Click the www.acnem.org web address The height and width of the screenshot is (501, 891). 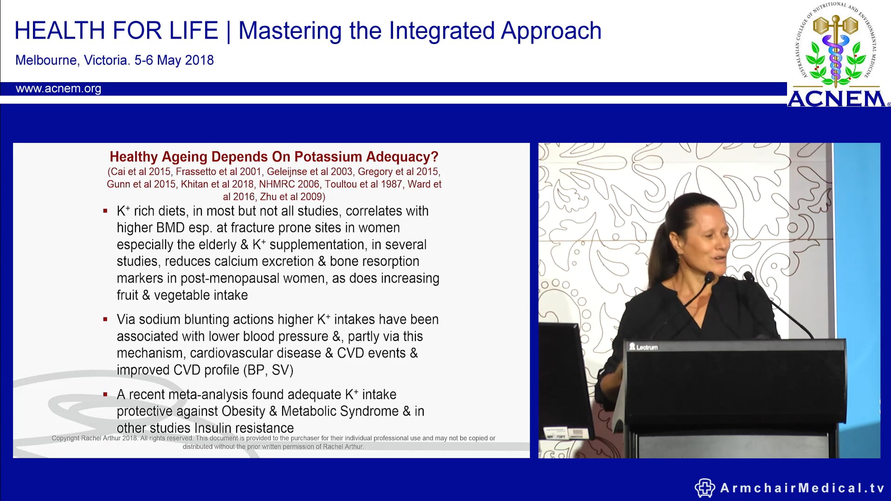click(58, 89)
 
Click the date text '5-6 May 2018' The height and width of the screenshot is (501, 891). click(174, 60)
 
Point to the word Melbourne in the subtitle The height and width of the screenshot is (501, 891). click(46, 60)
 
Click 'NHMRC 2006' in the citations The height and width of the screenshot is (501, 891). click(289, 184)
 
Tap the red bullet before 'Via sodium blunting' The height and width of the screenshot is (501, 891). click(105, 319)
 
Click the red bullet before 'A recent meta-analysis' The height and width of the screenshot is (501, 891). click(105, 394)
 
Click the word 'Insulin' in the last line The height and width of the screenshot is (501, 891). click(217, 428)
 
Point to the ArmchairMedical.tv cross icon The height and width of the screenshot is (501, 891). click(704, 488)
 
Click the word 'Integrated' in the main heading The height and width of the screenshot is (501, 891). click(442, 31)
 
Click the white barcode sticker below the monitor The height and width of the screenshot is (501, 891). click(576, 433)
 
